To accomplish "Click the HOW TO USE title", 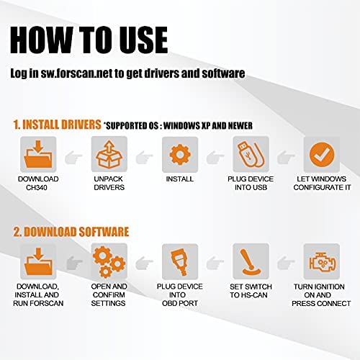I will pyautogui.click(x=90, y=38).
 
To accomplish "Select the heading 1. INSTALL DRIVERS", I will pyautogui.click(x=55, y=125).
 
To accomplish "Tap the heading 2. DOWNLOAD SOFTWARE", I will pyautogui.click(x=71, y=232).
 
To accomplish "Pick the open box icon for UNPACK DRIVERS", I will pyautogui.click(x=107, y=155).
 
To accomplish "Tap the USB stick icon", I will pyautogui.click(x=248, y=155).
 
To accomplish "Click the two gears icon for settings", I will pyautogui.click(x=107, y=261).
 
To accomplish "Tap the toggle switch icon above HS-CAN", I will pyautogui.click(x=248, y=261).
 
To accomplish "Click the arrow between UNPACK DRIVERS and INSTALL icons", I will pyautogui.click(x=143, y=155).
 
